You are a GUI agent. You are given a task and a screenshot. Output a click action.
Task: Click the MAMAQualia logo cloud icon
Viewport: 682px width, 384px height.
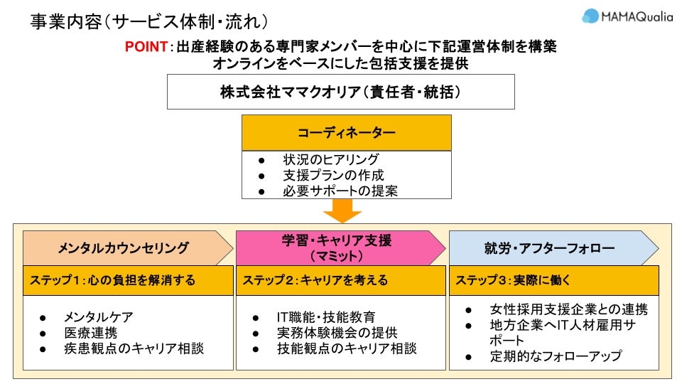pos(591,16)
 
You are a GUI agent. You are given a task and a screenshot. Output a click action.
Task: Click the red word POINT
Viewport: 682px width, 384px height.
pos(146,46)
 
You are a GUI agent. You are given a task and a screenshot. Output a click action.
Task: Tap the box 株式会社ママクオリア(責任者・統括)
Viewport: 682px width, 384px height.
pos(340,92)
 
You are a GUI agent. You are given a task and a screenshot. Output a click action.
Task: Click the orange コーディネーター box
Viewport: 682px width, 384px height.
pos(346,132)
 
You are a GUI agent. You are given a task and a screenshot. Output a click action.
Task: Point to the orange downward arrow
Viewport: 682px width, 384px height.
pos(342,210)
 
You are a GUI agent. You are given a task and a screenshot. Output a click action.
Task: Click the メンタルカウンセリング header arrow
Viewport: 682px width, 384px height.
pos(124,248)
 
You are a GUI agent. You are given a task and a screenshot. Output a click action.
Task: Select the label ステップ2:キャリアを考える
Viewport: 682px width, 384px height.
pos(315,280)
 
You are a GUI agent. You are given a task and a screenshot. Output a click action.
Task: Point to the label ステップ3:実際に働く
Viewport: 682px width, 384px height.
pos(513,280)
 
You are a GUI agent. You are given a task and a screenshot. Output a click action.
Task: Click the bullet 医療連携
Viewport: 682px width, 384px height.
pos(91,332)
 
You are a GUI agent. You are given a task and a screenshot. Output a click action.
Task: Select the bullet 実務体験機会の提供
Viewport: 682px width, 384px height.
pos(337,332)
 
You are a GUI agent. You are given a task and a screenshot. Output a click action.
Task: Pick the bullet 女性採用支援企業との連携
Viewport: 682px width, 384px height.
pos(568,309)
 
